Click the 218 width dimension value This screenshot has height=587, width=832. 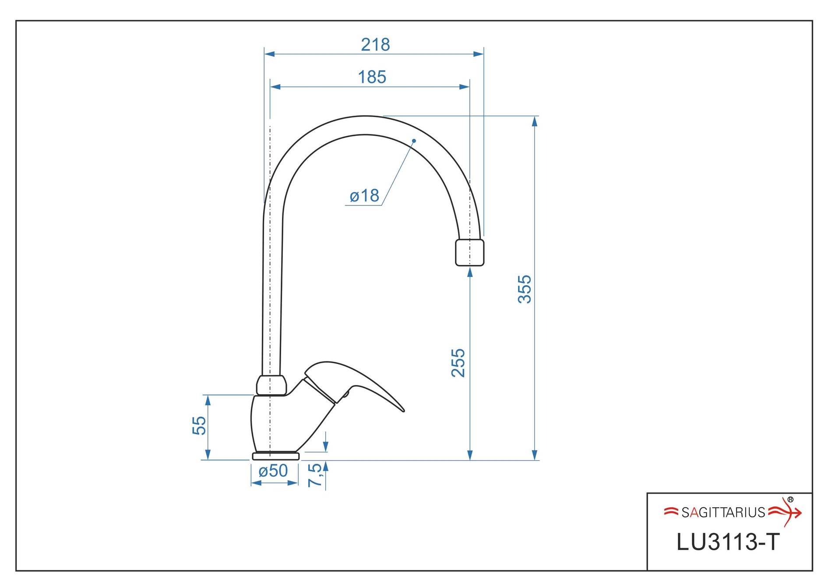click(375, 45)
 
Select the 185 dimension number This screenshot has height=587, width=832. click(372, 77)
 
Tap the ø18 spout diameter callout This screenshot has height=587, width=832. click(364, 196)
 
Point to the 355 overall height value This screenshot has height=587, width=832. click(525, 289)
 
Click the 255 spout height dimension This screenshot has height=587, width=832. click(458, 363)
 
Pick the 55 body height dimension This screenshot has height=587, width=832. click(199, 425)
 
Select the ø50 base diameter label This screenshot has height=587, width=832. click(273, 471)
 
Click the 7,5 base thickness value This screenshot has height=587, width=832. click(315, 475)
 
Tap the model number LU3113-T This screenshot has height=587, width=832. click(728, 542)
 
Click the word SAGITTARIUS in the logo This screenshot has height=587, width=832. click(723, 512)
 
